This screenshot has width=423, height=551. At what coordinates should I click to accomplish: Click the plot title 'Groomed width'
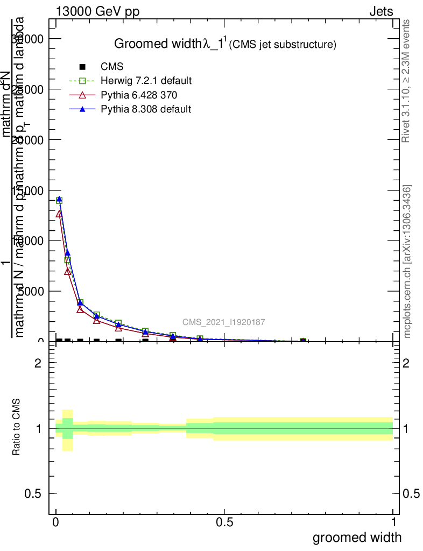(156, 44)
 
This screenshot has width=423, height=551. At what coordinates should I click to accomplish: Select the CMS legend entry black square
(82, 67)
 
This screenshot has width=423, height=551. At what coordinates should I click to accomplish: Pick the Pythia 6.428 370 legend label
(139, 95)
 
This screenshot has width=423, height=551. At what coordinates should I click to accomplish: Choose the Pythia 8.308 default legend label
(146, 109)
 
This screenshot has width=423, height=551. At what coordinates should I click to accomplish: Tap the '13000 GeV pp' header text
(97, 12)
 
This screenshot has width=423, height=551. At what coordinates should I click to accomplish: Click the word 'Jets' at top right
(381, 12)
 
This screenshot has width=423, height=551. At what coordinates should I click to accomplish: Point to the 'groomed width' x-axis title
(357, 537)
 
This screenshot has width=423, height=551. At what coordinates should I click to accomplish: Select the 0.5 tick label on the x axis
(224, 522)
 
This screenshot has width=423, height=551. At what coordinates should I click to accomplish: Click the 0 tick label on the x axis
(56, 522)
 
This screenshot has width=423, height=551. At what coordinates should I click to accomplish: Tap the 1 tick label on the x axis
(393, 522)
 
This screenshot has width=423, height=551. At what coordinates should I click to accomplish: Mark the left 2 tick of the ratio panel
(39, 363)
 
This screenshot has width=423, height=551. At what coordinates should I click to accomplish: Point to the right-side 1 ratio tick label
(412, 429)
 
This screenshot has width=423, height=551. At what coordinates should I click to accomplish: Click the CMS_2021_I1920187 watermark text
(223, 322)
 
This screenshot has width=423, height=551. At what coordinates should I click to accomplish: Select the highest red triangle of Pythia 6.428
(59, 213)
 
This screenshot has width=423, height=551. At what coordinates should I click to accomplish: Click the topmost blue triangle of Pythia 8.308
(59, 199)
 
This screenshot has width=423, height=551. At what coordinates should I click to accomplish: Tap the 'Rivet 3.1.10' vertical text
(406, 81)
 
